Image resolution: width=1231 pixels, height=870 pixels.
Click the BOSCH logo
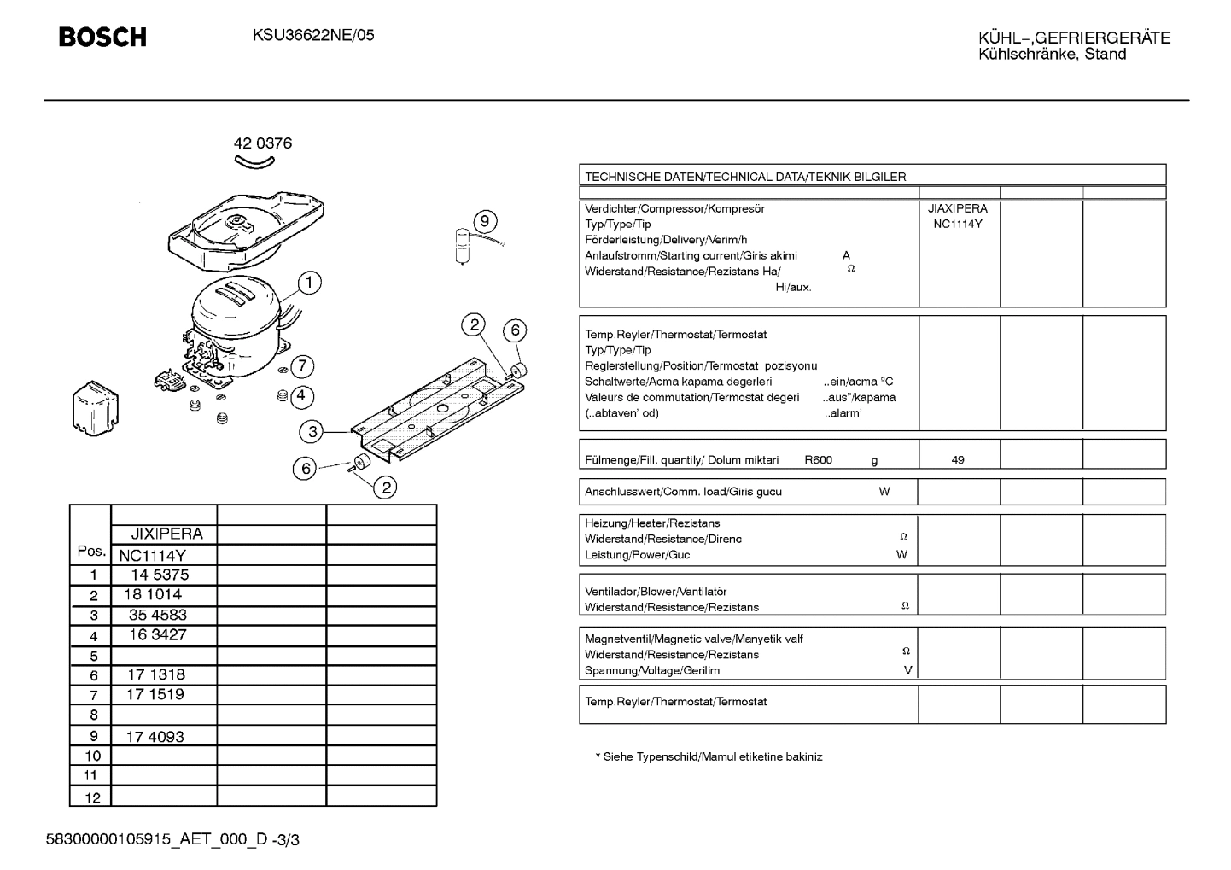[x=102, y=37]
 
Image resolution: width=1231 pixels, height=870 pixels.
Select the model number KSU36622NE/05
[x=313, y=36]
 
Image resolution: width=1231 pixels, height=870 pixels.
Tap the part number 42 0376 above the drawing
[x=263, y=143]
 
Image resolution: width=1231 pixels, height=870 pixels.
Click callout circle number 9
[x=484, y=222]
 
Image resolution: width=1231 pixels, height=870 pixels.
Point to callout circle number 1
[x=309, y=283]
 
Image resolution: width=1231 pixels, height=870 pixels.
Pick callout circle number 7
[x=302, y=366]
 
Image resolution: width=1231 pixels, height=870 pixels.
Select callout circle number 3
[x=312, y=432]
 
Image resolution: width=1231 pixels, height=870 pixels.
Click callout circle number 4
[x=300, y=396]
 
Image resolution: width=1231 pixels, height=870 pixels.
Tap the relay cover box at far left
[x=96, y=409]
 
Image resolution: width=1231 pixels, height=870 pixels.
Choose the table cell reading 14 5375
[x=159, y=575]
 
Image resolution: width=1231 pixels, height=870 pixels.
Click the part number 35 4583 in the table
[x=158, y=615]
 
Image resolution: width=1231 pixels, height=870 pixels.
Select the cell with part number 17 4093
[x=155, y=736]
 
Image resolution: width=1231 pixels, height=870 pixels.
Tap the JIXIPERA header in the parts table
[x=166, y=534]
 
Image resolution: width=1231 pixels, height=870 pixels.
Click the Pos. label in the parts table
[x=91, y=552]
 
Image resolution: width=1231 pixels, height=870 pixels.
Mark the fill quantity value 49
[x=958, y=460]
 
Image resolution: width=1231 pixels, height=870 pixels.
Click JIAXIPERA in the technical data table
[x=958, y=208]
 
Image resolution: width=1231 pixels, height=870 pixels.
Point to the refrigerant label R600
[x=818, y=460]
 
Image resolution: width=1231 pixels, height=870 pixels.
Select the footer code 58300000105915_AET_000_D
[x=157, y=840]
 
